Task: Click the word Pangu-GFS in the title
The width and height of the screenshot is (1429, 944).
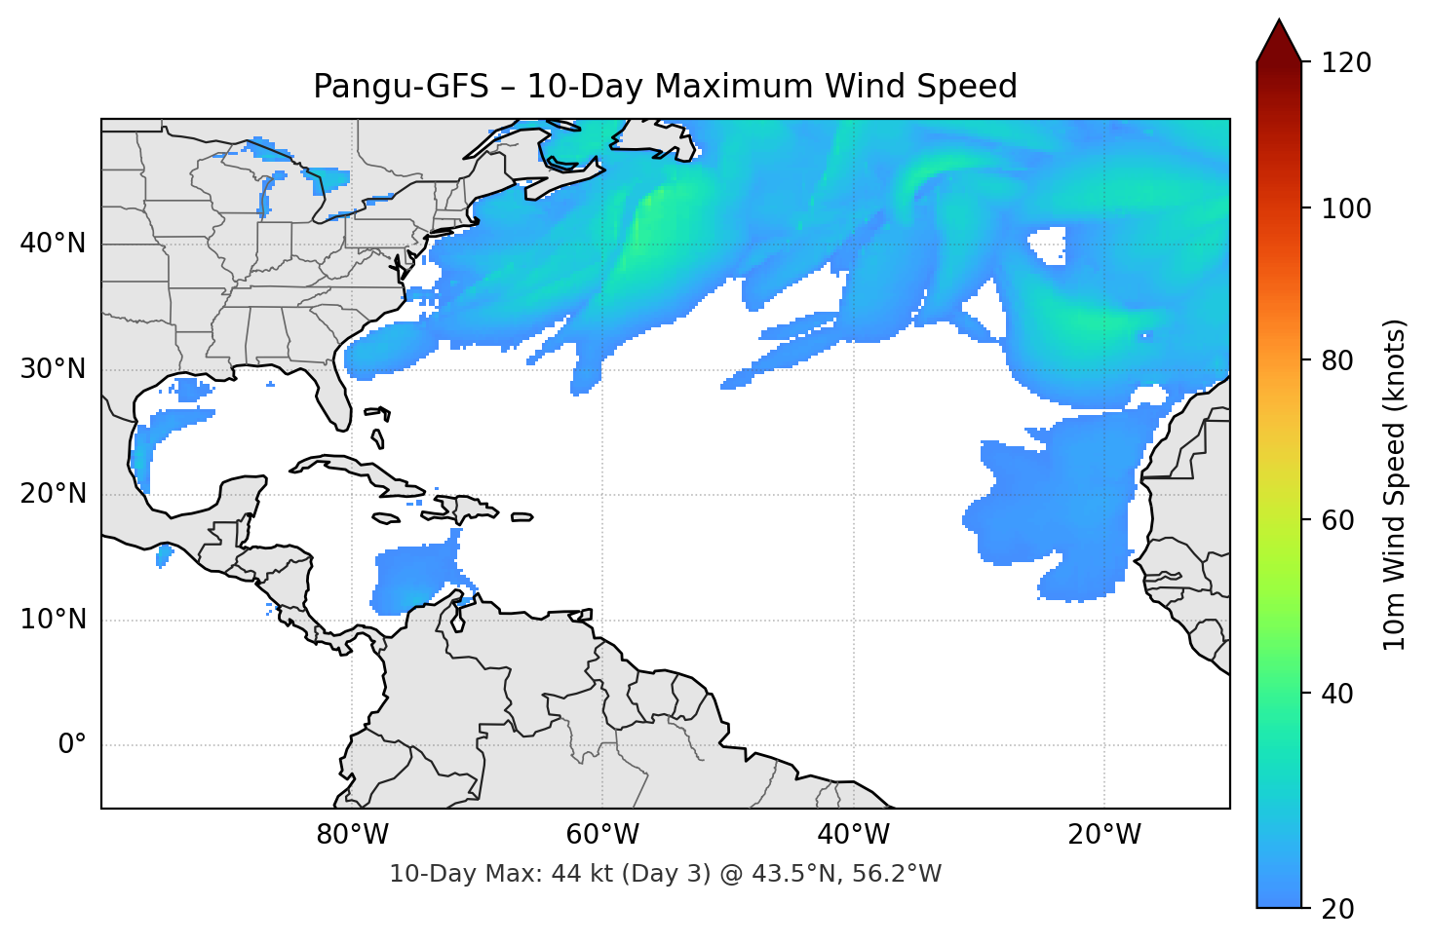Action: coord(401,87)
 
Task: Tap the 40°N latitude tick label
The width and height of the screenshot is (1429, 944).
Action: coord(53,244)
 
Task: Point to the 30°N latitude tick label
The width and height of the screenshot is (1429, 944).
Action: coord(53,369)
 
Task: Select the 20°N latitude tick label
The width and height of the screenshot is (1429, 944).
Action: coord(53,494)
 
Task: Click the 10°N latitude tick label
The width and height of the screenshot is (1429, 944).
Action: coord(53,620)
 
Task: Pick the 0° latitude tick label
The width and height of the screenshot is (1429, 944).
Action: coord(72,745)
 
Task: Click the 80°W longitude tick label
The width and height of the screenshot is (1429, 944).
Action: coord(352,835)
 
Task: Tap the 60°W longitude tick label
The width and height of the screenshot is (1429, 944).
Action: coord(602,835)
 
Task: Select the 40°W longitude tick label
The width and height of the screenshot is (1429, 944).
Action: coord(853,835)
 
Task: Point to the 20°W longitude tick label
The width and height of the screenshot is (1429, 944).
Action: coord(1103,835)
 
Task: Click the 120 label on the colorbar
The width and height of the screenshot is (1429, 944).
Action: coord(1346,63)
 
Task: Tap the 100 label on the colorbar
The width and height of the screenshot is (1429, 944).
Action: coord(1346,208)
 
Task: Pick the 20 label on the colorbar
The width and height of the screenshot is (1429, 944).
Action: coord(1337,909)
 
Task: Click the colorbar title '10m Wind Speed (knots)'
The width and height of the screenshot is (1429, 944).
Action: coord(1395,484)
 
